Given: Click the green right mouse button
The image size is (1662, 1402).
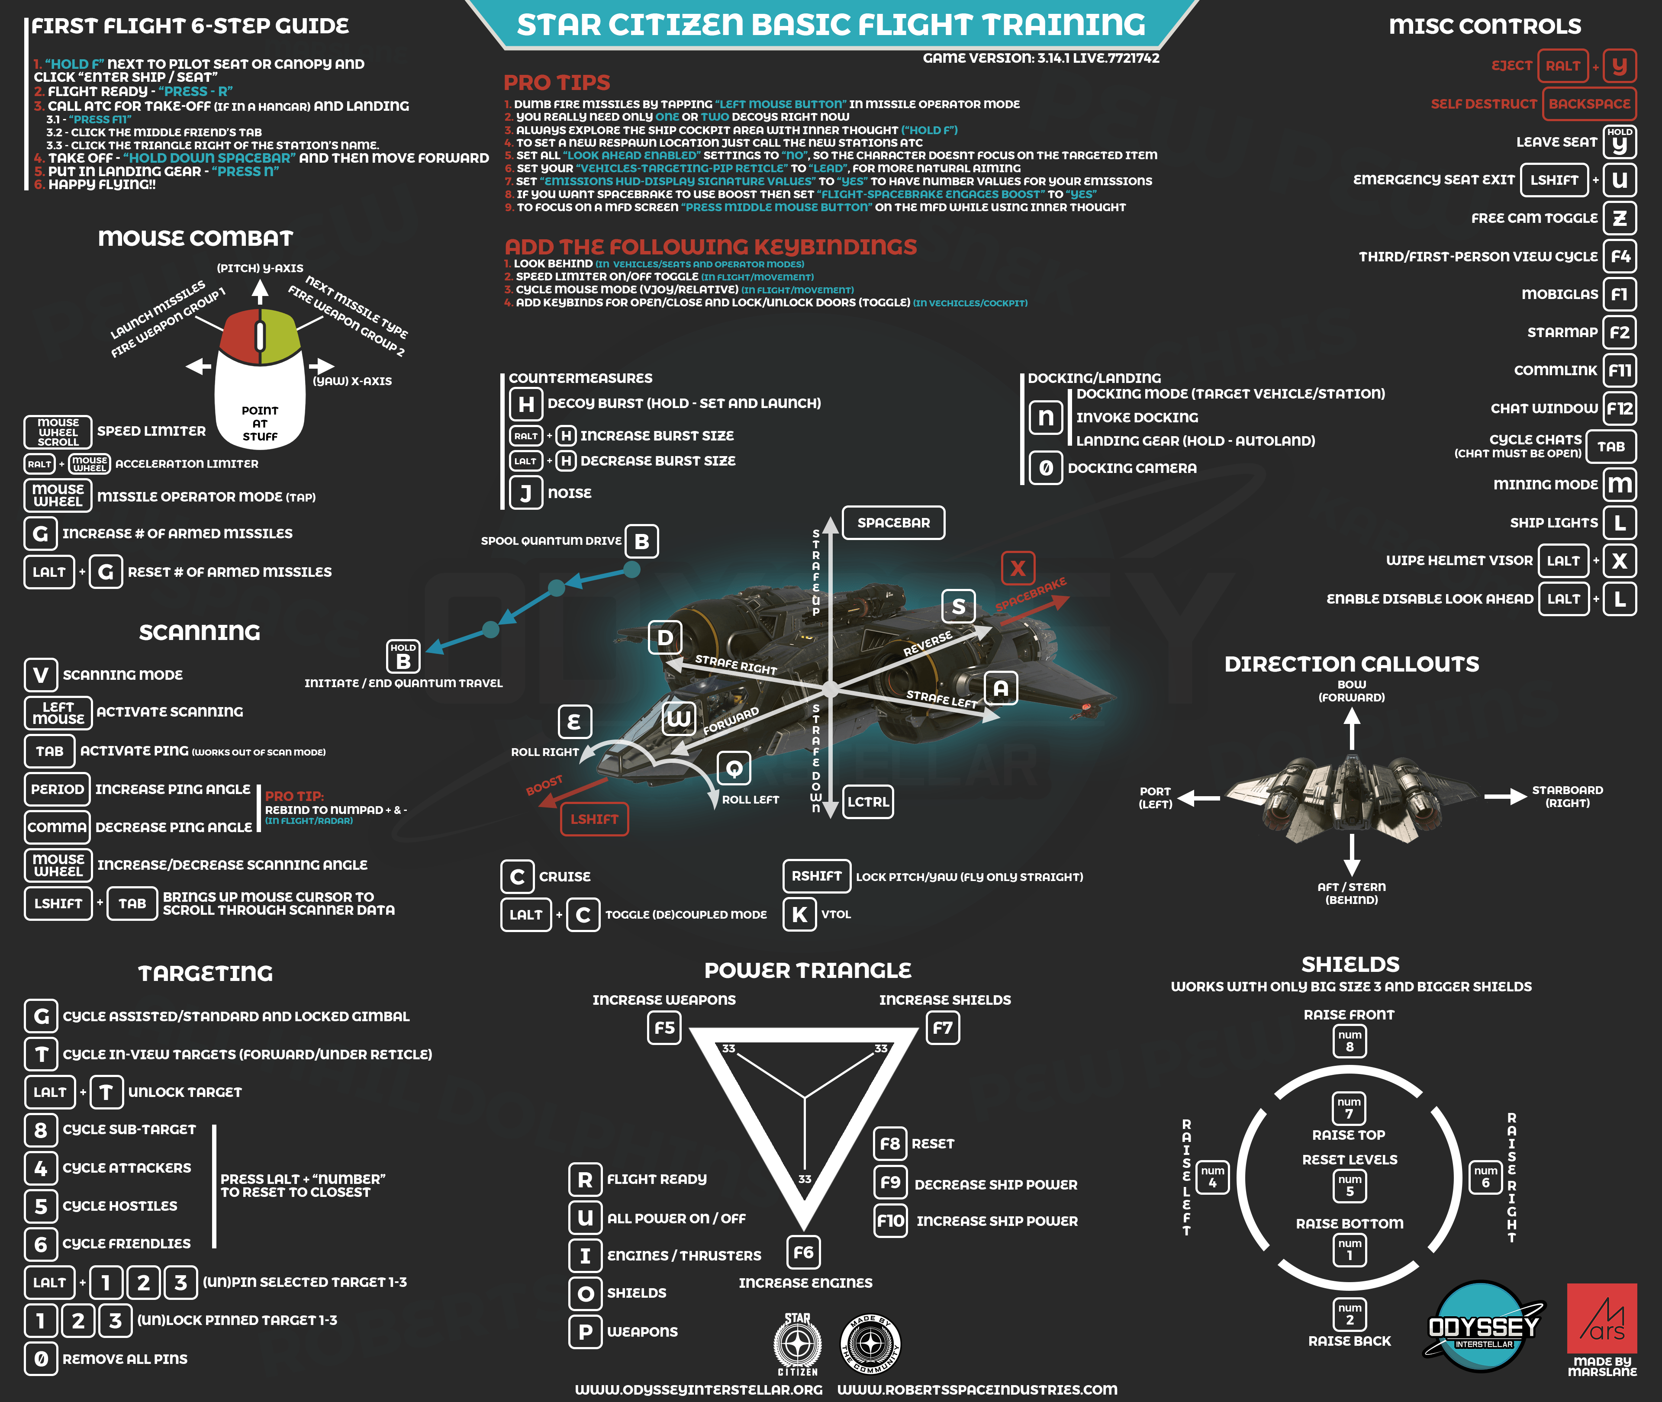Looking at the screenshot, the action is coord(280,334).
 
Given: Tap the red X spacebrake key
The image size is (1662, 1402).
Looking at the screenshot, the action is coord(1018,568).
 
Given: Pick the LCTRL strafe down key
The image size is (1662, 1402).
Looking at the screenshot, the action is coord(868,802).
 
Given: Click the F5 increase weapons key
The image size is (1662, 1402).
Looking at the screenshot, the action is coord(664,1028).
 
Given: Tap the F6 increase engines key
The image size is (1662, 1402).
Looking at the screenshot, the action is coord(804,1253).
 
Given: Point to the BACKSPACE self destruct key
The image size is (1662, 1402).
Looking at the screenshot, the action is coord(1589,104).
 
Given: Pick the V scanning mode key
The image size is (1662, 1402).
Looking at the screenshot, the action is coord(41,675).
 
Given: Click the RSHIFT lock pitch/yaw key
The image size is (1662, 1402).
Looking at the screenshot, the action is coord(816,876).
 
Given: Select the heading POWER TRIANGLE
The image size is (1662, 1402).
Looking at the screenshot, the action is coord(808,971).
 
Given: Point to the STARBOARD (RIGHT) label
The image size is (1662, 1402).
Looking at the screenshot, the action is coord(1567,796).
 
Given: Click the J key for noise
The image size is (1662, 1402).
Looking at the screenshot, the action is coord(525,493).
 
